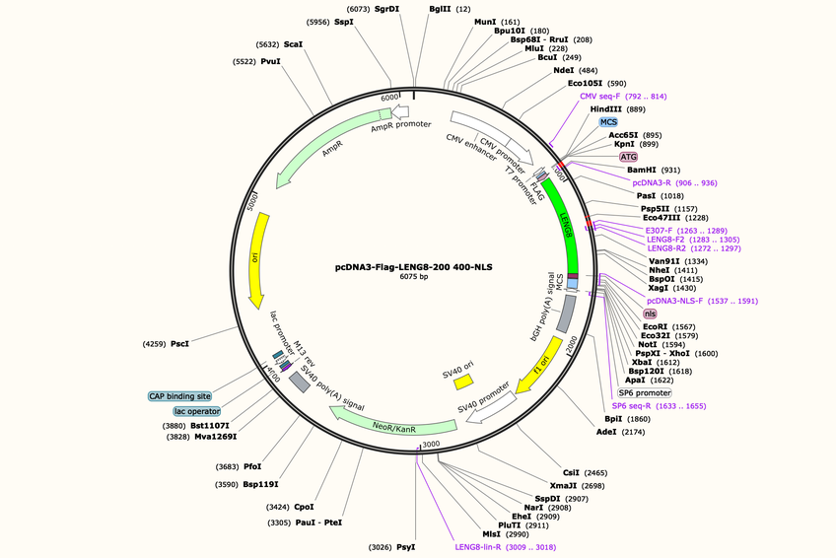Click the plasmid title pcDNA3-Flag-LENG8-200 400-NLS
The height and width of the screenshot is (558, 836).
pyautogui.click(x=413, y=267)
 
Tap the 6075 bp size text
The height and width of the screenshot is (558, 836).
pyautogui.click(x=414, y=277)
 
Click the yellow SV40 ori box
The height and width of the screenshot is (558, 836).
pyautogui.click(x=462, y=382)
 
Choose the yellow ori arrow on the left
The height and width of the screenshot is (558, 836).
pyautogui.click(x=256, y=260)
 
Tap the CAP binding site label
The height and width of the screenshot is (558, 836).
pyautogui.click(x=179, y=396)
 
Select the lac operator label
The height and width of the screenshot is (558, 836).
pyautogui.click(x=197, y=411)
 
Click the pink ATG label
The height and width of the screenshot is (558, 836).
pyautogui.click(x=629, y=157)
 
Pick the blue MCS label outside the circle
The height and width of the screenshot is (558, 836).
pyautogui.click(x=608, y=122)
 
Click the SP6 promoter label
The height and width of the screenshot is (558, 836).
pyautogui.click(x=645, y=392)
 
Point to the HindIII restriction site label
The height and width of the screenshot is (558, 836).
pyautogui.click(x=605, y=109)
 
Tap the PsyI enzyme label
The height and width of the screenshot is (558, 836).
pyautogui.click(x=406, y=547)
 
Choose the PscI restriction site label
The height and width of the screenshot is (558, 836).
pyautogui.click(x=179, y=344)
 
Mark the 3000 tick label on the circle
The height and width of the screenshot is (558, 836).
pyautogui.click(x=431, y=444)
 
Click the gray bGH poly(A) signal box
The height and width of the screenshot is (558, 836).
pyautogui.click(x=566, y=314)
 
